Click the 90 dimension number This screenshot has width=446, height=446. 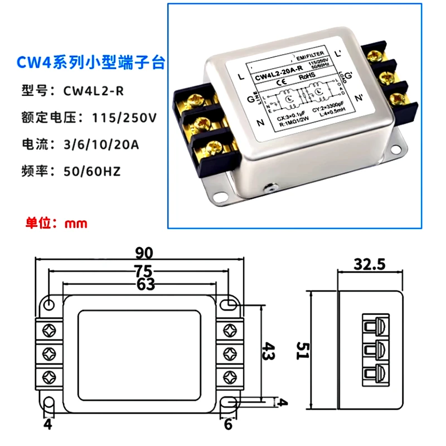pyautogui.click(x=143, y=254)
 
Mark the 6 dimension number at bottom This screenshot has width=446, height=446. pyautogui.click(x=228, y=424)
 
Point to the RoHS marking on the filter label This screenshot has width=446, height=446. pyautogui.click(x=305, y=78)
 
